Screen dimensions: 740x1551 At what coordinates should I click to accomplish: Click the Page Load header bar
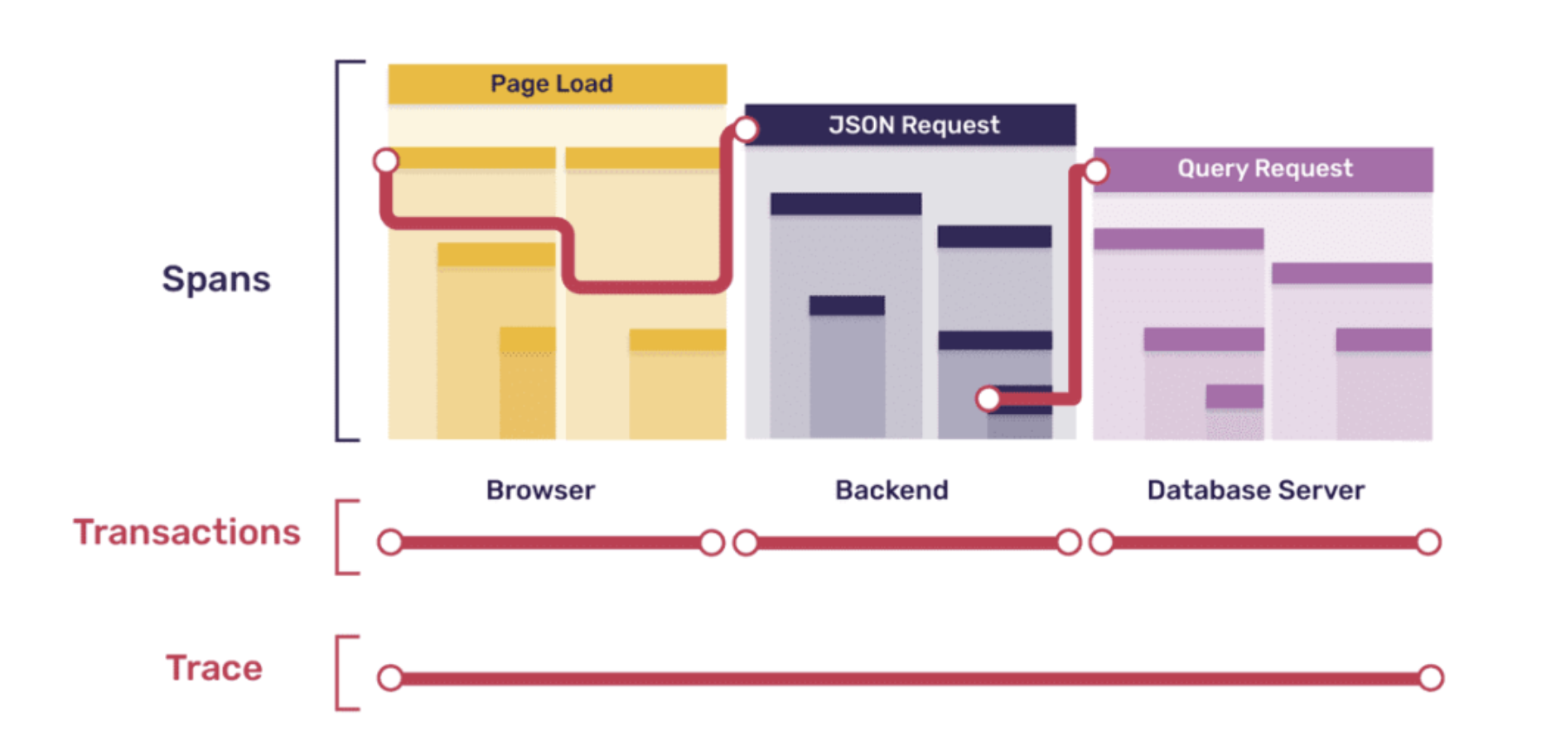[557, 84]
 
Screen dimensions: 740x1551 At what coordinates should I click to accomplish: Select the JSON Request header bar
[911, 125]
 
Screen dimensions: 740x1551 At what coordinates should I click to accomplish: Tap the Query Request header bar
[1264, 169]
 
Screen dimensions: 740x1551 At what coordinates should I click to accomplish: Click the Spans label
[215, 280]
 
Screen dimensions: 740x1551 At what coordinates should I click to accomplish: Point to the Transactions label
[187, 532]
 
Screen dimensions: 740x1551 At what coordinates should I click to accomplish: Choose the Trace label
[214, 668]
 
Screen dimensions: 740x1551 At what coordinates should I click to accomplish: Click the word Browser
[540, 490]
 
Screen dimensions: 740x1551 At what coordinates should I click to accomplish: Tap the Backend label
[891, 490]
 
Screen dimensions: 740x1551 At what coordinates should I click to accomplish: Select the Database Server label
[1255, 490]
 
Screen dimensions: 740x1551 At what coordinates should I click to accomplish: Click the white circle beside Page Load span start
[386, 161]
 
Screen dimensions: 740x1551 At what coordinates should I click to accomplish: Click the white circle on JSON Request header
[746, 129]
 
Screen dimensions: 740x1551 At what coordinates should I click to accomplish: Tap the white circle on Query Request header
[1096, 171]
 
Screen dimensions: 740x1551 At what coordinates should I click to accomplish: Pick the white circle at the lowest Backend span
[988, 400]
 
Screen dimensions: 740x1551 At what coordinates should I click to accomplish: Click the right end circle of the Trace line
[1430, 678]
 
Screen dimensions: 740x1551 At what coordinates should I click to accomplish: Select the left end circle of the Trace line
[390, 678]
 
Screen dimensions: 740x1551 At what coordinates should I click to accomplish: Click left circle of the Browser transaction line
[390, 543]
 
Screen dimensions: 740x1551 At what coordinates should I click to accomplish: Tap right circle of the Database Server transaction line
[1428, 543]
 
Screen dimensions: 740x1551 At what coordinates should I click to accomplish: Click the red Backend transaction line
[907, 543]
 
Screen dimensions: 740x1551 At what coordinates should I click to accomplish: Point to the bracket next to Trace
[341, 673]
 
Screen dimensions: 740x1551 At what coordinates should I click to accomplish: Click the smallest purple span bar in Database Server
[1234, 396]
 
